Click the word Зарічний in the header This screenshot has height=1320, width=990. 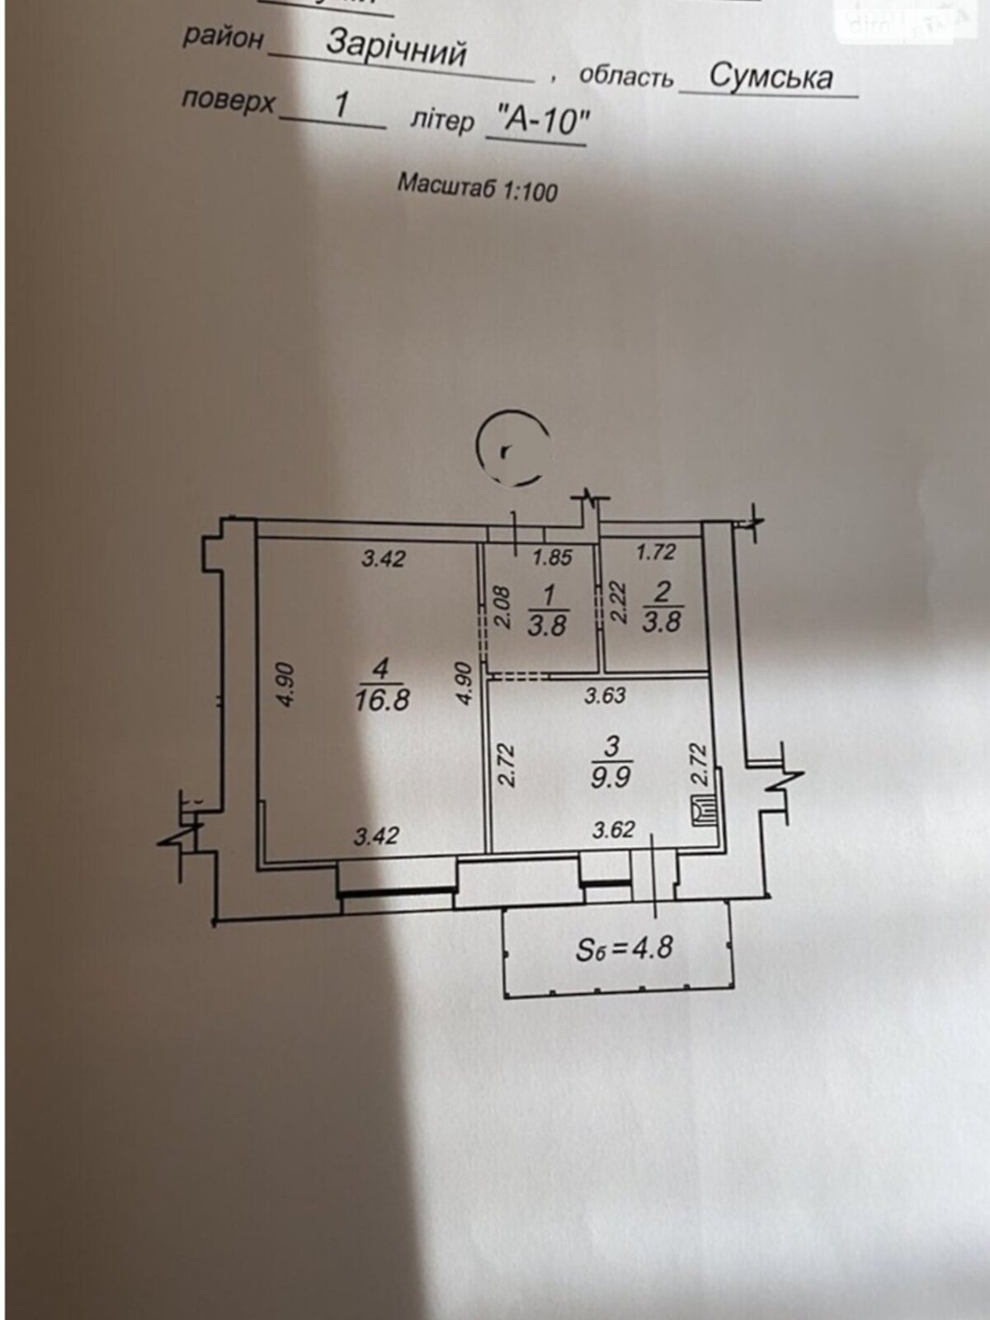point(397,48)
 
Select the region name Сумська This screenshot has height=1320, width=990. point(770,77)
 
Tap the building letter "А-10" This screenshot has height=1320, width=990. point(537,122)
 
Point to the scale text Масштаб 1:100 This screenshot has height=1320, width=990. point(477,187)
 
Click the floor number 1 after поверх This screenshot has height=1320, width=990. point(342,105)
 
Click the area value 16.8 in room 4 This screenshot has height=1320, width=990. point(381,700)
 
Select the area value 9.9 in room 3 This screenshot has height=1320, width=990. point(610,777)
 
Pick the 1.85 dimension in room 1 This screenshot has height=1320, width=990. point(552,558)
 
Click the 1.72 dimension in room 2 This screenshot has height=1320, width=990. point(656,552)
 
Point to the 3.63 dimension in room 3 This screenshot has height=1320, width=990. point(605,695)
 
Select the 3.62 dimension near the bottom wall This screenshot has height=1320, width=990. point(613,830)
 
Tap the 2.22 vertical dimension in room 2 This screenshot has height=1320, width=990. point(620,602)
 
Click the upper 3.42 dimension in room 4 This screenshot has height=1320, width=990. point(384,559)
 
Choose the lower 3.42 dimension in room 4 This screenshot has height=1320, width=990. point(376,836)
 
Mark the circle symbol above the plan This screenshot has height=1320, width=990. point(512,448)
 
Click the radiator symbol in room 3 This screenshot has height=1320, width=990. point(704,812)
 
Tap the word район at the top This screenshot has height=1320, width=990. point(223,37)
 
